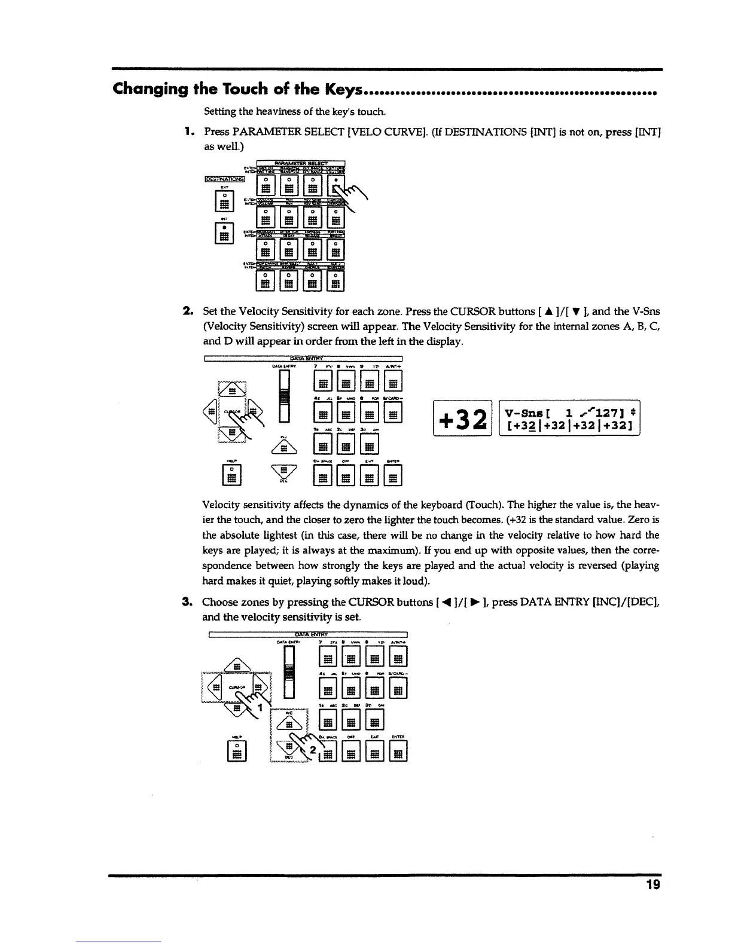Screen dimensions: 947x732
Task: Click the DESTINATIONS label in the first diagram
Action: [224, 178]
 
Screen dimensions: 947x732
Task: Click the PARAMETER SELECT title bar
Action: [301, 163]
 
